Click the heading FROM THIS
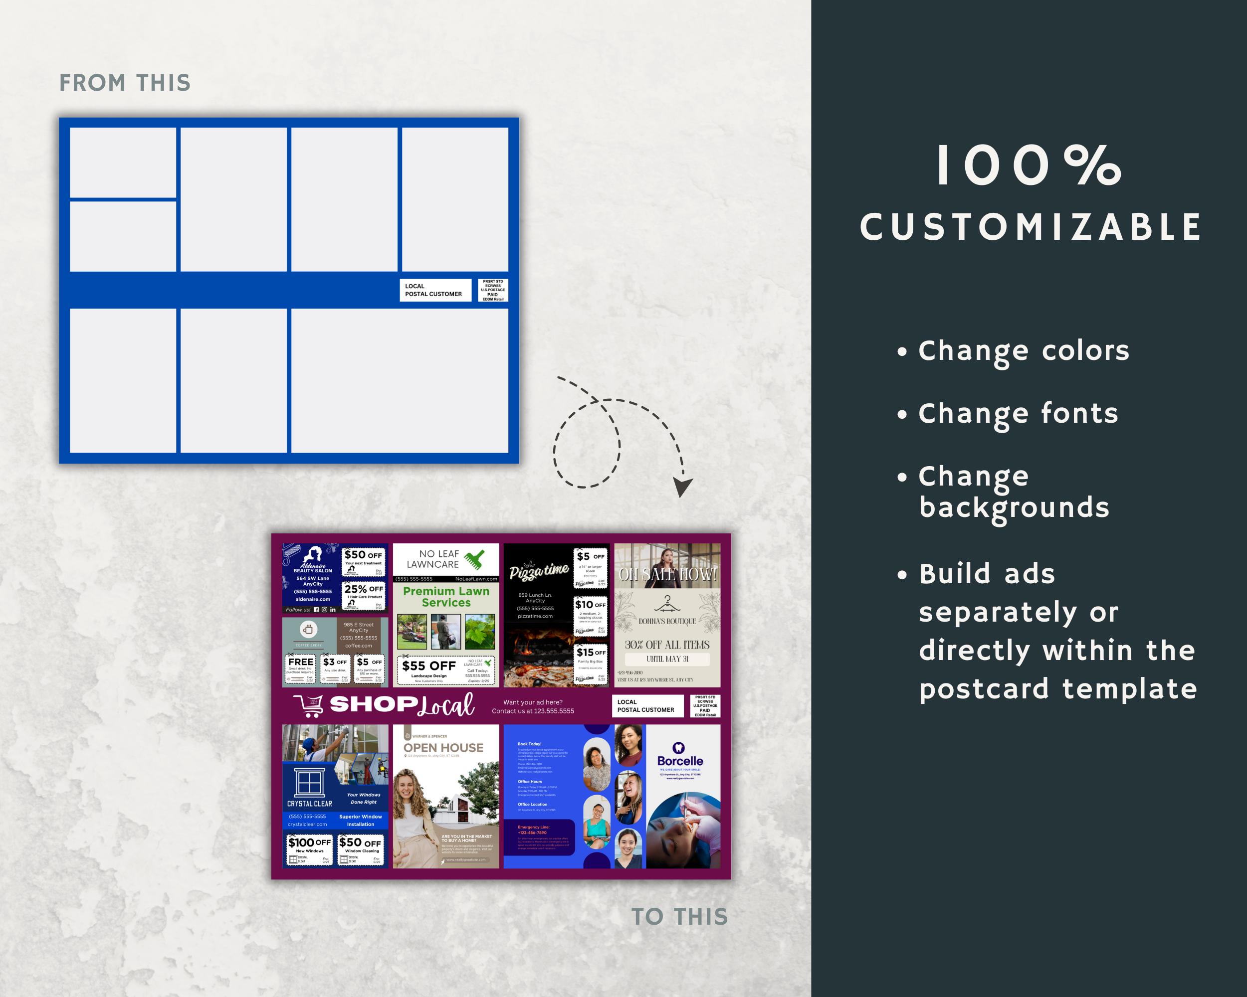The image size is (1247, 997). click(125, 83)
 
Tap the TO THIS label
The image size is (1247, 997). click(679, 917)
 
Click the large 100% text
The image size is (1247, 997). click(1029, 166)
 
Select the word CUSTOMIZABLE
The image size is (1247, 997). click(1031, 227)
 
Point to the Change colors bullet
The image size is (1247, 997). click(1023, 351)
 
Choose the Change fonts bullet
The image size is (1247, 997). click(1018, 414)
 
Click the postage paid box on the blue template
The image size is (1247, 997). click(493, 290)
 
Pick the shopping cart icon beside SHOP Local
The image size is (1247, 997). click(308, 705)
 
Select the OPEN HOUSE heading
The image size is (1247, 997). click(443, 747)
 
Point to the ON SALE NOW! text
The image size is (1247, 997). click(667, 574)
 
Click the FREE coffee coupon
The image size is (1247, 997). click(301, 667)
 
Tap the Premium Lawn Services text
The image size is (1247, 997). click(446, 597)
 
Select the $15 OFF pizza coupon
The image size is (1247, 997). click(591, 665)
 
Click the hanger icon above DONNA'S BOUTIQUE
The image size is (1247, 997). click(667, 604)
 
